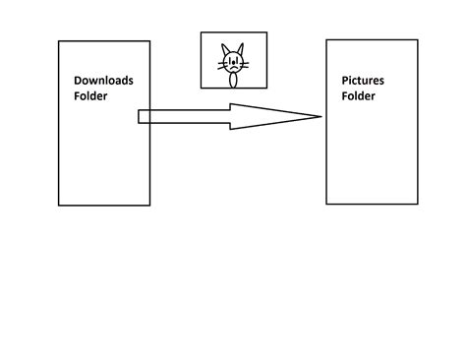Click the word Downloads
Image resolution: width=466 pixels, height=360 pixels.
(103, 81)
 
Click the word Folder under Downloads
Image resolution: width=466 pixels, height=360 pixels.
(90, 96)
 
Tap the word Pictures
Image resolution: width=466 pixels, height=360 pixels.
(363, 81)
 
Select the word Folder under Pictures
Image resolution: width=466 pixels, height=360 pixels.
(359, 96)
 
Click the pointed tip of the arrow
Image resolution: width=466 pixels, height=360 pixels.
(321, 116)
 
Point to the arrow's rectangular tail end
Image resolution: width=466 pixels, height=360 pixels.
(139, 117)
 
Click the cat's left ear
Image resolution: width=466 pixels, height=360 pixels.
(225, 49)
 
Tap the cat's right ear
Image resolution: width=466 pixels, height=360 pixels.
(241, 49)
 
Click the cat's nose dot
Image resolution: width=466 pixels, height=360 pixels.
(233, 64)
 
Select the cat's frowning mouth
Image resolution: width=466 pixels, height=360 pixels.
(233, 68)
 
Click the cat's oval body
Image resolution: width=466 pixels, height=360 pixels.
(233, 81)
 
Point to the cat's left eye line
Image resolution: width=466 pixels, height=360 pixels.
(230, 61)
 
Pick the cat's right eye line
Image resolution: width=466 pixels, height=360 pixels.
(236, 61)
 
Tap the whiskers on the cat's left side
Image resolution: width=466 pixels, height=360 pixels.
(223, 66)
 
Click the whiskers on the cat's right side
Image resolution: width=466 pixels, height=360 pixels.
(244, 65)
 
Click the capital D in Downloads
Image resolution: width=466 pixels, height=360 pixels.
(78, 81)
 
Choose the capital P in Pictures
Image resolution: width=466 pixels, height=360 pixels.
(345, 81)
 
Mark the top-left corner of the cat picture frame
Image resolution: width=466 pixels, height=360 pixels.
(202, 32)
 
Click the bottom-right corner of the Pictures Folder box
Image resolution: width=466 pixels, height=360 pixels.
(418, 204)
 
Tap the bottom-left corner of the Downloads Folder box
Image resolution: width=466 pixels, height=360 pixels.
(59, 206)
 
